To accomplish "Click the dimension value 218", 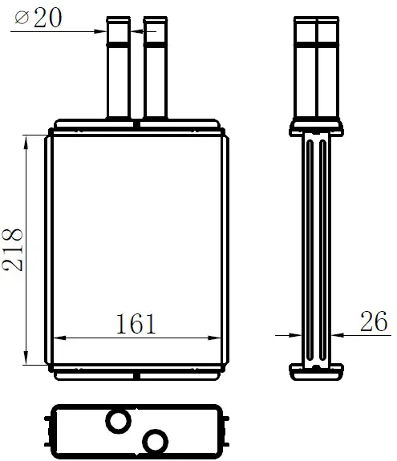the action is [x=12, y=249].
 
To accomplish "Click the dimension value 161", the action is [x=136, y=324].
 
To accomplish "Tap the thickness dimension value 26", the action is [x=374, y=321].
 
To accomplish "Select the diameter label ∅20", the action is [x=38, y=18].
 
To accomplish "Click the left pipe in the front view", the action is [x=118, y=67].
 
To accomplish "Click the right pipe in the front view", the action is [x=156, y=67].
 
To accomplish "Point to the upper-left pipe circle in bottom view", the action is [x=118, y=421].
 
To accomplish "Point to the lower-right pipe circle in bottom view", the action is [x=155, y=441].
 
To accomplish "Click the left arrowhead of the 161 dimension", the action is [x=59, y=338].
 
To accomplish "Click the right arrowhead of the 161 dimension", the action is [x=215, y=338].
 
